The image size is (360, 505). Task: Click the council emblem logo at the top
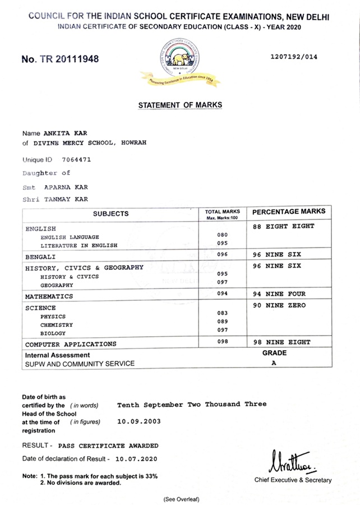coord(180,63)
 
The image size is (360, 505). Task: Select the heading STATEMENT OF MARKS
coord(180,105)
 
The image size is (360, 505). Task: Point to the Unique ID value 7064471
coord(76,159)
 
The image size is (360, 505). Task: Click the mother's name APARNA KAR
coord(66,187)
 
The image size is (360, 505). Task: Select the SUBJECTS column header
coord(111,213)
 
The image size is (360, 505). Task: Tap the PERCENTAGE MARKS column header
coord(289,212)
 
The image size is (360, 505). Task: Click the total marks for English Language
coord(223,235)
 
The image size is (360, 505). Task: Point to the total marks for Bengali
coord(223,254)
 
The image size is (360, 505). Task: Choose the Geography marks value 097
coord(223,282)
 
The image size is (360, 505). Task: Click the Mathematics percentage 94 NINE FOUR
coord(279,294)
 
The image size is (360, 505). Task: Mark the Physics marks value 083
coord(223,313)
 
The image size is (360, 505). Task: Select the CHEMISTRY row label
coord(56,325)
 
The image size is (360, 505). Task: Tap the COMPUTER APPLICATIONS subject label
coord(71,344)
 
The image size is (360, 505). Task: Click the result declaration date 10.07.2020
coord(134,459)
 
